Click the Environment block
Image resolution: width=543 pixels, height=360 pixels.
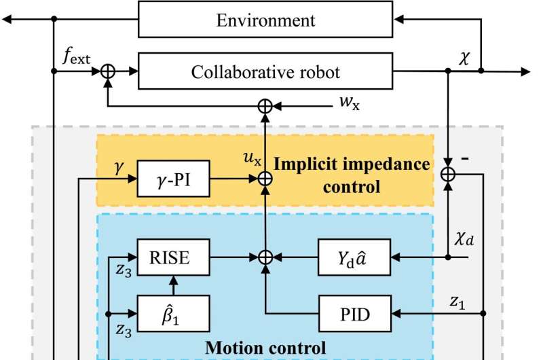click(265, 20)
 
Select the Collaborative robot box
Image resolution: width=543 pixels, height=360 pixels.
click(265, 72)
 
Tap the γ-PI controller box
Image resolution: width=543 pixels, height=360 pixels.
click(173, 179)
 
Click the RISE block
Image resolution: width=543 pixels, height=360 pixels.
click(173, 257)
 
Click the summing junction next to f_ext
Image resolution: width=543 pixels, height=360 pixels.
click(107, 72)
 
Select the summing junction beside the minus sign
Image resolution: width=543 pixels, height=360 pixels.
click(448, 175)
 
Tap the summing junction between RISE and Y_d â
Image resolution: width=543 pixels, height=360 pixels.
click(265, 257)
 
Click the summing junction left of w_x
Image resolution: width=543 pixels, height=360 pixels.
click(265, 105)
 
